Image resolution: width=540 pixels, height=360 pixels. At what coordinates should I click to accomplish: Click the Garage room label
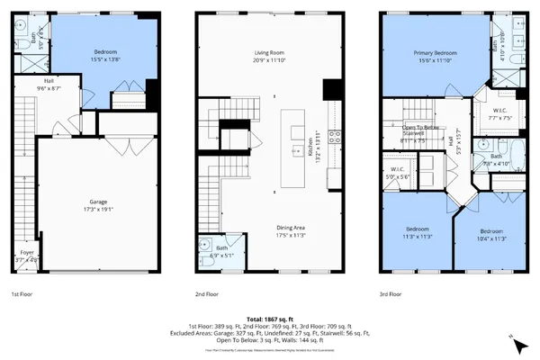click(99, 203)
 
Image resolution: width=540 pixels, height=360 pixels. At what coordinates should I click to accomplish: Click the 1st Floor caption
click(23, 294)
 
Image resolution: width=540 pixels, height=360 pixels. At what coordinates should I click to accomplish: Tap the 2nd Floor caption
click(208, 294)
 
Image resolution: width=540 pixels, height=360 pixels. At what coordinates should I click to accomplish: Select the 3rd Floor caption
click(391, 294)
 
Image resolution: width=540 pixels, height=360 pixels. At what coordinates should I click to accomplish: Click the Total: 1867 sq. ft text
click(269, 319)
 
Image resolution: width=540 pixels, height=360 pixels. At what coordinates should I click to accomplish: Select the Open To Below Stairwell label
click(421, 131)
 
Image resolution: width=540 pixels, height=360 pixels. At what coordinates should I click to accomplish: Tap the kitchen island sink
click(296, 151)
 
